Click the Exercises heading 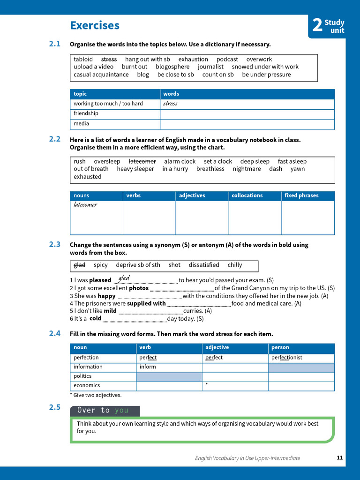[x=94, y=25]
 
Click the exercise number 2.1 [x=55, y=44]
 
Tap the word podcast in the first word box [x=227, y=60]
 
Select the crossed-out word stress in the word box [x=109, y=60]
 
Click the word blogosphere [x=172, y=67]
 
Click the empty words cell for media [x=247, y=124]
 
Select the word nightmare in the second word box [x=247, y=169]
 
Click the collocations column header [x=247, y=195]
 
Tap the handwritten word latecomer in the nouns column [x=85, y=205]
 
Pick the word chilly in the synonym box [x=235, y=265]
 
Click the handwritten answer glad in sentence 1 [x=124, y=278]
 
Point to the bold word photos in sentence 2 [x=139, y=288]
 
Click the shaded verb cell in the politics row [x=169, y=376]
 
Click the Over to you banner [x=105, y=411]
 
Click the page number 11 [x=340, y=458]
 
